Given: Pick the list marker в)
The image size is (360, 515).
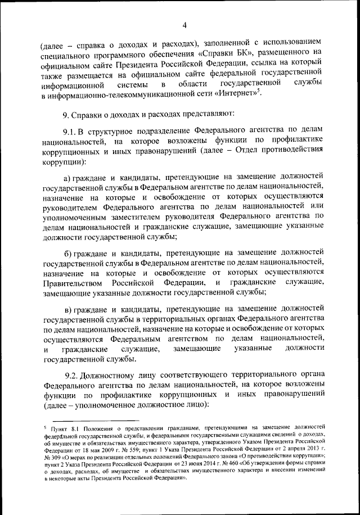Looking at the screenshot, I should pyautogui.click(x=69, y=309).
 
